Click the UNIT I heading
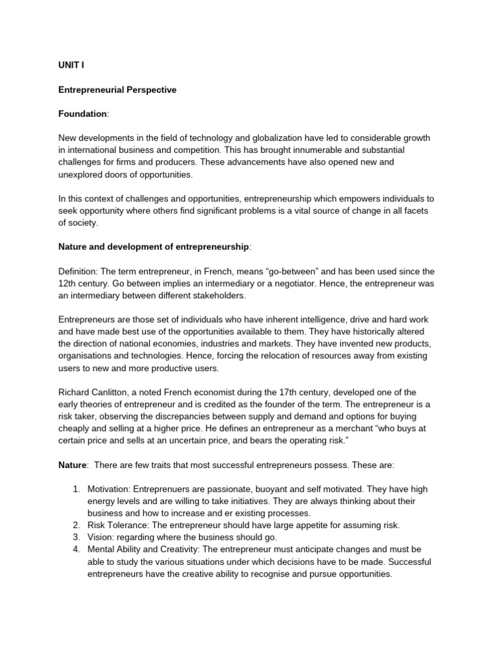[71, 66]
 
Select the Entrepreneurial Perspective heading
[117, 90]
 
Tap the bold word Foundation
[83, 114]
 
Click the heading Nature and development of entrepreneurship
[154, 247]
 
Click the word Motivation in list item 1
[110, 489]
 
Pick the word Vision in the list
[100, 538]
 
